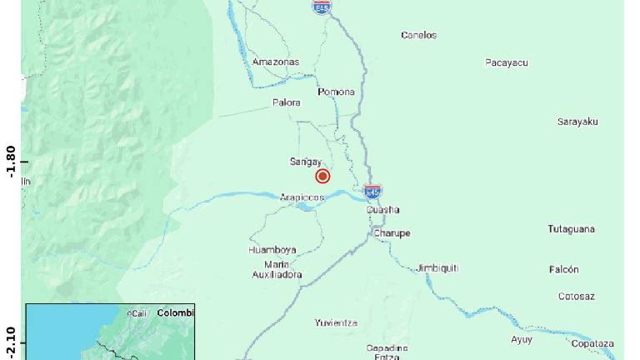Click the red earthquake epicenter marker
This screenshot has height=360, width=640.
(322, 176)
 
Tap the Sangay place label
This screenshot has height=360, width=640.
(305, 162)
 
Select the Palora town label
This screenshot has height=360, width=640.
(286, 103)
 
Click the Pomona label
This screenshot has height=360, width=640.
(336, 92)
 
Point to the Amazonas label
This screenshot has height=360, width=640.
(275, 62)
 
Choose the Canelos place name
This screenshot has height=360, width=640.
(418, 35)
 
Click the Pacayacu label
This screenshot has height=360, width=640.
(507, 62)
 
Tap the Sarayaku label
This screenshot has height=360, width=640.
(577, 122)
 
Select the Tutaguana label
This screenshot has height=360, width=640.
(571, 229)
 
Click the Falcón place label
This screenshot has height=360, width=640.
(563, 270)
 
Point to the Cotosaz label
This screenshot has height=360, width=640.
(577, 296)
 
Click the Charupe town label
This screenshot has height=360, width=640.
(391, 233)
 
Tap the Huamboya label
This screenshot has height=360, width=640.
(272, 250)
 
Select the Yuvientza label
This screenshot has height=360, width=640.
(336, 322)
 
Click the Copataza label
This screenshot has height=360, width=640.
(592, 343)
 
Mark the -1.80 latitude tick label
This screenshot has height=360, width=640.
(11, 162)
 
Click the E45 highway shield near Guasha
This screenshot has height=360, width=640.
(373, 191)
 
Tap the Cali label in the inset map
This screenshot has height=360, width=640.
(137, 313)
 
